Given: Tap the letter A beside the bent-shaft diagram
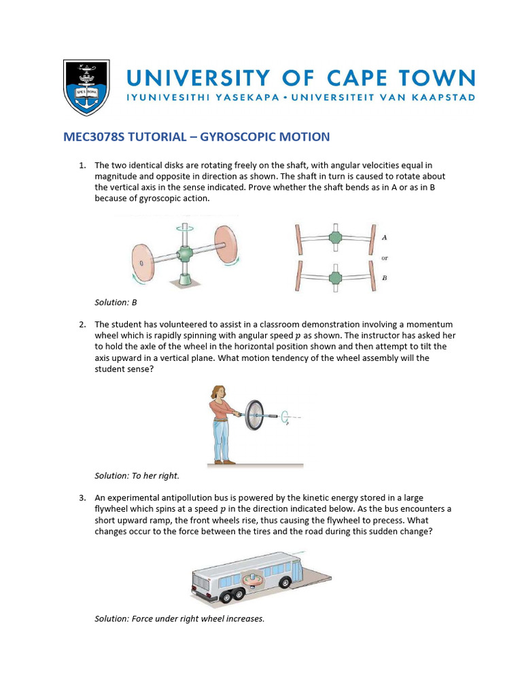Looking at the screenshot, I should pyautogui.click(x=385, y=238).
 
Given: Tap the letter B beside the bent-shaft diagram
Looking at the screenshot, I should pyautogui.click(x=385, y=277).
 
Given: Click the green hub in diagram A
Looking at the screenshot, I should pyautogui.click(x=334, y=238).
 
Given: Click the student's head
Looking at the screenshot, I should pyautogui.click(x=222, y=392).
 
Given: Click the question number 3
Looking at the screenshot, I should pyautogui.click(x=82, y=498).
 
